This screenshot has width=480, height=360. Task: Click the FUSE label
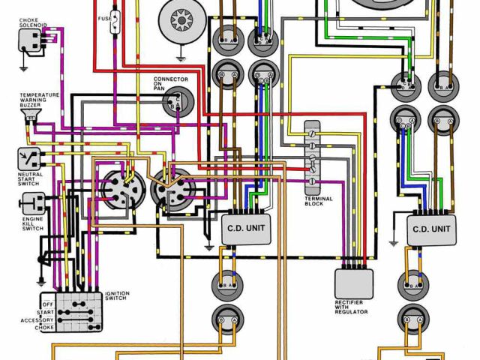[106, 17]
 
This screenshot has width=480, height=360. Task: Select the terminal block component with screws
[313, 157]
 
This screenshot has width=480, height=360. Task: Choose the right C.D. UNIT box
[431, 227]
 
